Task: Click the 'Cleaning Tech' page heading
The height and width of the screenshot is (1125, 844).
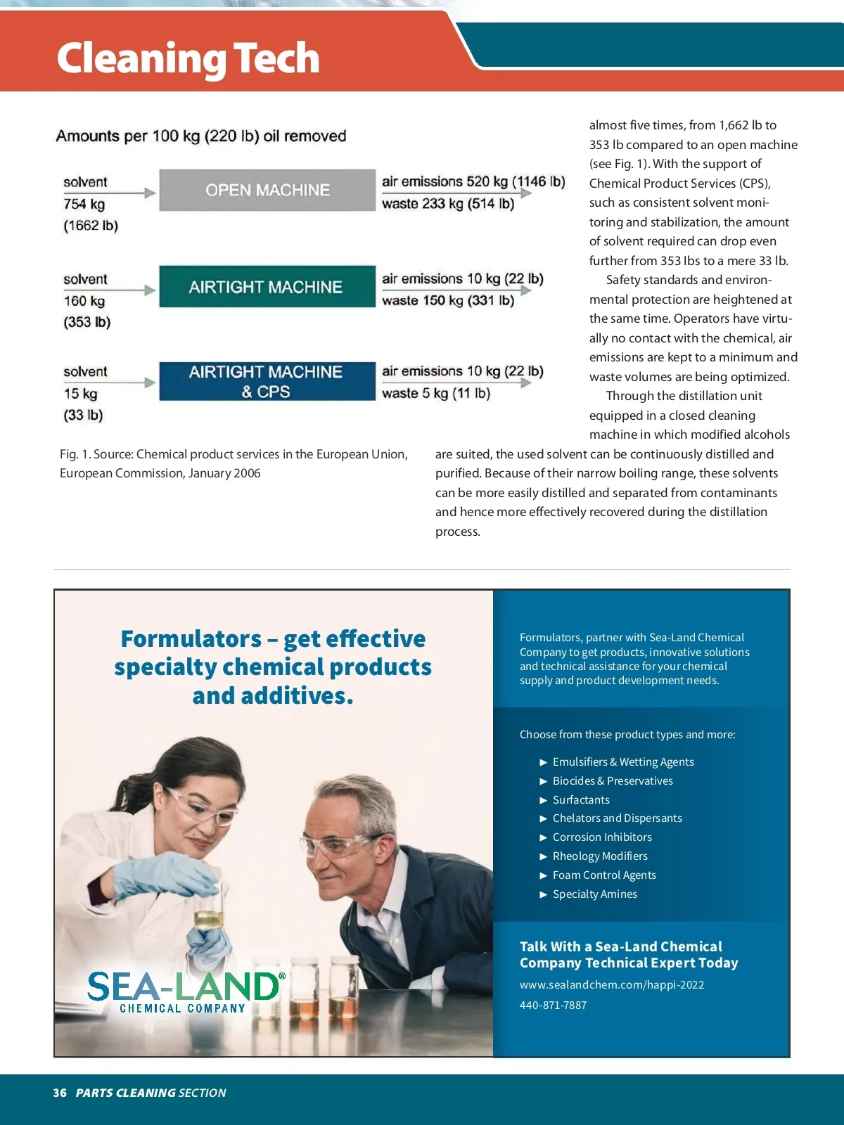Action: click(x=188, y=58)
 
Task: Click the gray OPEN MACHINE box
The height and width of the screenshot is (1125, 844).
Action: click(x=267, y=190)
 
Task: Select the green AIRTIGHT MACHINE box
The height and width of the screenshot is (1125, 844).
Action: click(x=267, y=287)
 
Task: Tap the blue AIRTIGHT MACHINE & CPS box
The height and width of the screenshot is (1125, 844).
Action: click(x=267, y=382)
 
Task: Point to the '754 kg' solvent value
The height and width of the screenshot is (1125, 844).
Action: click(x=84, y=204)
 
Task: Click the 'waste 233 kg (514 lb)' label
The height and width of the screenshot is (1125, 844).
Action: click(x=448, y=204)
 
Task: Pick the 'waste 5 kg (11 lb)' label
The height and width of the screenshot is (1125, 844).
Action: click(x=436, y=393)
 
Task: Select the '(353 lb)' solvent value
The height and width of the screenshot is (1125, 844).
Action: click(x=87, y=322)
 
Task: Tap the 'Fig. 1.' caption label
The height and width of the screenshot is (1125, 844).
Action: click(x=75, y=454)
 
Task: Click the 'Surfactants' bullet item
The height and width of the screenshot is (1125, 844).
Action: click(x=581, y=799)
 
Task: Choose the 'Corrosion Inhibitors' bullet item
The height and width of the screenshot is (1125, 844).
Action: click(x=602, y=837)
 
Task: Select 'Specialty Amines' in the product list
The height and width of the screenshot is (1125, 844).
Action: click(x=595, y=894)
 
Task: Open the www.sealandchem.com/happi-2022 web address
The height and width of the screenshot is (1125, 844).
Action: click(x=612, y=984)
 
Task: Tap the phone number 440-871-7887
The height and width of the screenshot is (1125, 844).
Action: click(x=553, y=1005)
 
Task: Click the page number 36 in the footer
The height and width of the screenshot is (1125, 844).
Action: click(x=60, y=1093)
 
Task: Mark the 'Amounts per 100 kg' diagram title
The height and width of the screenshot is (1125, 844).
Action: click(x=201, y=136)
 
